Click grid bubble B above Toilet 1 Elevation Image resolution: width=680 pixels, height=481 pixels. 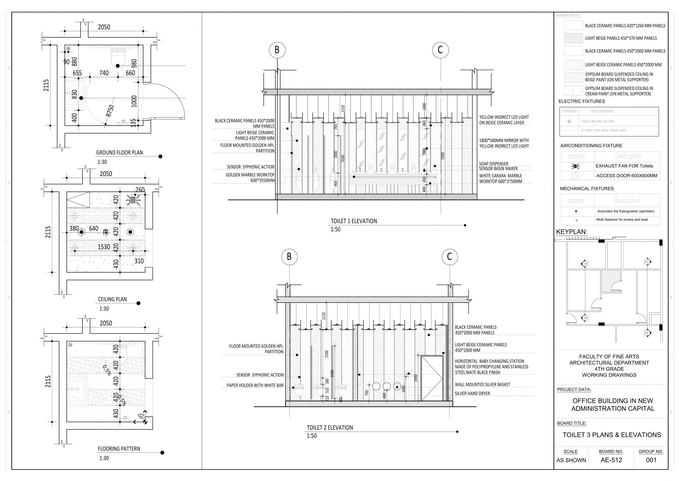(x=277, y=50)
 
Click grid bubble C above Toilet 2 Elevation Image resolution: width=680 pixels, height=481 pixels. (x=449, y=257)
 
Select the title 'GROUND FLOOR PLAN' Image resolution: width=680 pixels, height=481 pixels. (x=119, y=153)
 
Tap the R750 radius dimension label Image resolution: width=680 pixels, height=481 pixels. (x=110, y=111)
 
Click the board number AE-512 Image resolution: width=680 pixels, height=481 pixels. (x=611, y=460)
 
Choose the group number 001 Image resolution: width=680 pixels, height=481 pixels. (x=651, y=460)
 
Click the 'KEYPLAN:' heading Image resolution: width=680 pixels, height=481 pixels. (x=572, y=232)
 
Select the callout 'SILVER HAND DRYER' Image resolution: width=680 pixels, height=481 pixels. (x=472, y=394)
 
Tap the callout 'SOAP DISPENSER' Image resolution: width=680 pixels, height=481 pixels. (x=493, y=164)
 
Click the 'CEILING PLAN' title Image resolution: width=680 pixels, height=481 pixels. (x=112, y=299)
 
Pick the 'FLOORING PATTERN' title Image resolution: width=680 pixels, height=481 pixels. (x=119, y=449)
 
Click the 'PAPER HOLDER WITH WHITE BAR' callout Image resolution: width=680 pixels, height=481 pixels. (x=255, y=386)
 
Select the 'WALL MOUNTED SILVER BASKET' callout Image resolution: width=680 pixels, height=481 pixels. (x=482, y=385)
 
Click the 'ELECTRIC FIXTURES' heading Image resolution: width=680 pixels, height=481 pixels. (x=582, y=101)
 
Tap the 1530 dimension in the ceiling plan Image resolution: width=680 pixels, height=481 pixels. (x=104, y=247)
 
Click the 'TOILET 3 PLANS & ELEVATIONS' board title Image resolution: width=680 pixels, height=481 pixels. (x=612, y=435)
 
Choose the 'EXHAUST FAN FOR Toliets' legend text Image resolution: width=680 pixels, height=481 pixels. (x=624, y=166)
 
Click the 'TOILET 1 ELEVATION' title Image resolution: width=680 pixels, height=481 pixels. (x=354, y=221)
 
